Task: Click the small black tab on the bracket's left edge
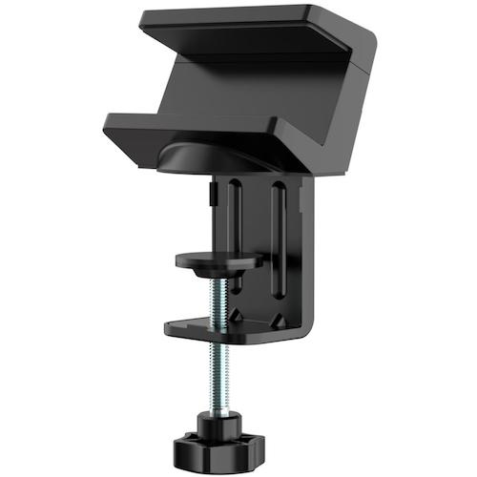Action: coord(211,195)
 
